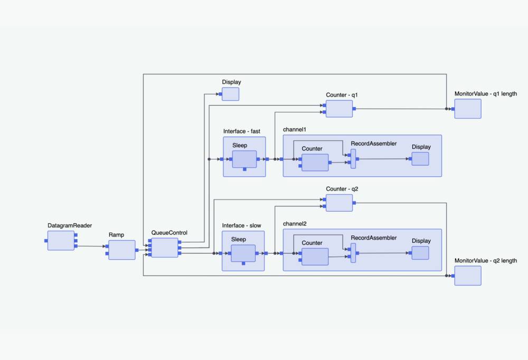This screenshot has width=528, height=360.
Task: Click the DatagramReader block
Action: [61, 240]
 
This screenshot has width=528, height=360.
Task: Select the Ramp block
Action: [121, 250]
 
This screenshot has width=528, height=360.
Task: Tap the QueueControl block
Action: [165, 247]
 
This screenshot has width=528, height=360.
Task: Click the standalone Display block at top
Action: [230, 94]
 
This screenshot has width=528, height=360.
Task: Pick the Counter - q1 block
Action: [339, 109]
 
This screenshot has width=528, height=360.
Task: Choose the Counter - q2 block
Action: [339, 203]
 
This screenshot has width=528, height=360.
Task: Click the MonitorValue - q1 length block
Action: [468, 109]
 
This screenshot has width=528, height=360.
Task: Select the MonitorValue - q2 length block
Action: [468, 276]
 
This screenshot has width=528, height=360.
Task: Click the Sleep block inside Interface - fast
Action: [244, 159]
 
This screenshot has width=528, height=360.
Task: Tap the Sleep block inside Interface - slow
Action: [243, 253]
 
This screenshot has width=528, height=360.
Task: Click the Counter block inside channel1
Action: [315, 163]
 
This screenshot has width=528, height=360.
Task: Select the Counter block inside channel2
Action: [315, 257]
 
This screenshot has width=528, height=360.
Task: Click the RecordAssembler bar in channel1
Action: [353, 158]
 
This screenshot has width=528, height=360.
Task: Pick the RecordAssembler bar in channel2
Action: [353, 253]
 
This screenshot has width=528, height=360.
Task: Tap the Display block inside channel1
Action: [420, 158]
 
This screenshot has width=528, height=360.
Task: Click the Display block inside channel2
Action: [420, 253]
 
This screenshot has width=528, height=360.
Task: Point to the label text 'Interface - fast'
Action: [241, 131]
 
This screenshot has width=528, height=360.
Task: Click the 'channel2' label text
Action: [295, 223]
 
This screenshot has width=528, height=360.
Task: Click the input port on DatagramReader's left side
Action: [46, 241]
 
